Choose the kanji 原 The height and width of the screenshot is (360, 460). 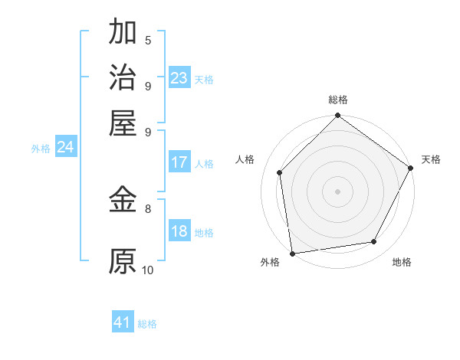tap(123, 261)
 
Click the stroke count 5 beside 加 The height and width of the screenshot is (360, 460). tap(148, 41)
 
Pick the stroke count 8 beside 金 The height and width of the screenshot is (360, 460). tap(148, 208)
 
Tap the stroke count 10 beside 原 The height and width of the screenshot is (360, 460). tap(148, 270)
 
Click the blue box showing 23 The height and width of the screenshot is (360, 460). tap(179, 78)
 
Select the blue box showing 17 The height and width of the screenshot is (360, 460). tap(179, 162)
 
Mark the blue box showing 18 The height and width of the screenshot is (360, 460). tap(179, 232)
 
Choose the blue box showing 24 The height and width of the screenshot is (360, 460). tap(65, 148)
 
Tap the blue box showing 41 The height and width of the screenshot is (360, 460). tap(123, 322)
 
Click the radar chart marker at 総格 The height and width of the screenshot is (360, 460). tap(337, 116)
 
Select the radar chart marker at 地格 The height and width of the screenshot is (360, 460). tap(374, 242)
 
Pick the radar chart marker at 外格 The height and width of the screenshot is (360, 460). tap(292, 254)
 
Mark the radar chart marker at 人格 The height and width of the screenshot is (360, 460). tap(280, 172)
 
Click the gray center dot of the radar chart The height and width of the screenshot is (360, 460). tap(337, 191)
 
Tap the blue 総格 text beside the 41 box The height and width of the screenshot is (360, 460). tap(147, 324)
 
